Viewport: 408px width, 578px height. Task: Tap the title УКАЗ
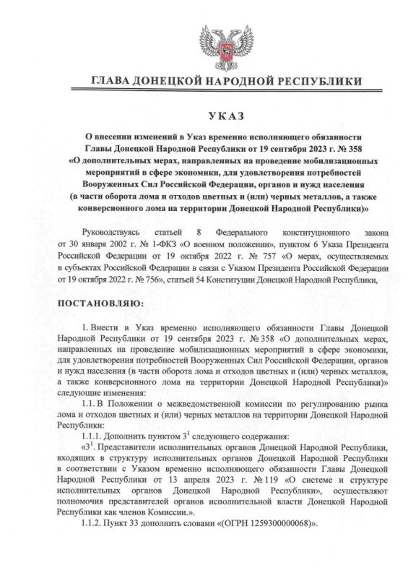click(x=204, y=116)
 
